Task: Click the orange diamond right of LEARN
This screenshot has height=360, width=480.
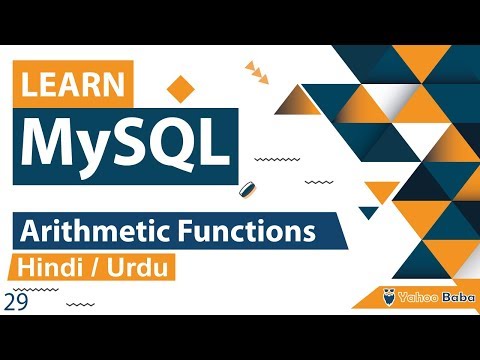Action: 180,88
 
